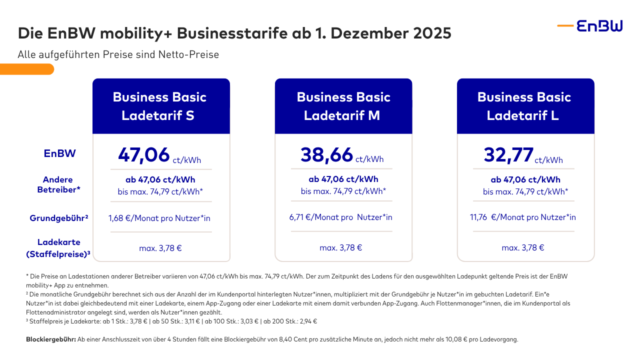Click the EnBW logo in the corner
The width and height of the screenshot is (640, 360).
[x=590, y=25]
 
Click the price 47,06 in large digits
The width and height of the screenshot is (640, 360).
[x=144, y=154]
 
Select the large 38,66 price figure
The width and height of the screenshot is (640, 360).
[x=326, y=154]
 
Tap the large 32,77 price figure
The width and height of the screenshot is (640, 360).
[x=508, y=154]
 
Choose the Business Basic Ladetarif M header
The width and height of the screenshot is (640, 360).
[x=343, y=106]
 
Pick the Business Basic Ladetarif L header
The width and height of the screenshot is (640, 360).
[x=525, y=106]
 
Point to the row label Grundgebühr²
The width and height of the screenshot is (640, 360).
[x=59, y=218]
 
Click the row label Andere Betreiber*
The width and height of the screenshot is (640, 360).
[x=58, y=184]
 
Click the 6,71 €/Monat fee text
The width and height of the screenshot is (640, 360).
[x=340, y=217]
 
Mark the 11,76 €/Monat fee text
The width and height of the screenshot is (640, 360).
[x=522, y=217]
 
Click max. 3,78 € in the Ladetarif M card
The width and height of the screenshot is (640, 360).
[x=340, y=247]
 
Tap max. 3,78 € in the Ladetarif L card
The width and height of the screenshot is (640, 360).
[x=522, y=247]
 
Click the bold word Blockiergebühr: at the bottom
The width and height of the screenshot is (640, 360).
[x=50, y=339]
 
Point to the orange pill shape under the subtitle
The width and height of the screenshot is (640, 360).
[x=27, y=69]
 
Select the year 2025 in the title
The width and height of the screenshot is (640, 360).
[x=433, y=33]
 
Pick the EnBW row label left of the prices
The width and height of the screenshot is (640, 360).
[x=59, y=153]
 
